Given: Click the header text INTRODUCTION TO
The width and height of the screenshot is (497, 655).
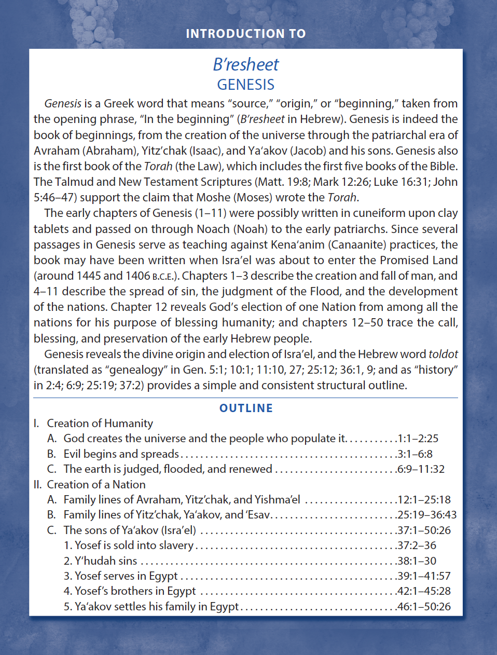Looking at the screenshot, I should tap(246, 34).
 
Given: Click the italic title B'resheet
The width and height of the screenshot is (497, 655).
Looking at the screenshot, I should tap(246, 64).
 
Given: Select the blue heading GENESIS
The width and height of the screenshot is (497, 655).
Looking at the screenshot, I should tap(246, 85).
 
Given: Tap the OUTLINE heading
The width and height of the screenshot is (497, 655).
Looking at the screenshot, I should tap(246, 408).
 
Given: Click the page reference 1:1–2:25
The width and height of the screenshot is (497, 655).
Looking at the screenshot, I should tap(418, 439).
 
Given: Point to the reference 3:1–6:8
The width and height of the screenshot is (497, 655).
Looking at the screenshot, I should tap(415, 454).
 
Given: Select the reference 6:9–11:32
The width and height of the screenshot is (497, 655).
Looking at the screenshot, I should tap(421, 469).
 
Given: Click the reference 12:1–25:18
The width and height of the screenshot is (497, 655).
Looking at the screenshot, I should tap(424, 500).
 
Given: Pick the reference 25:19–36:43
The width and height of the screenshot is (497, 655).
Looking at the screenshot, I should tap(427, 515).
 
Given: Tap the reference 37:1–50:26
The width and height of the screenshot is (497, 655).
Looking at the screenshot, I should tap(424, 530).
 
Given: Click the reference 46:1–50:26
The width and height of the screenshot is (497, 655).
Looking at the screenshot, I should tap(424, 607).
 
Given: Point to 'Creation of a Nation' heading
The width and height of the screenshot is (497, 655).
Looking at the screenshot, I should tap(96, 485).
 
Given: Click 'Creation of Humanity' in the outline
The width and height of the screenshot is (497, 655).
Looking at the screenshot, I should tap(100, 424).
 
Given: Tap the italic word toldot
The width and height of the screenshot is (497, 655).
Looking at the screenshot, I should tap(443, 354).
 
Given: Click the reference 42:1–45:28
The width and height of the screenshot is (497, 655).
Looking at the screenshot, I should tap(424, 591).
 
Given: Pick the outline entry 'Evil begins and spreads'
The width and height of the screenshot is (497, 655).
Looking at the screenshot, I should tap(121, 454).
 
